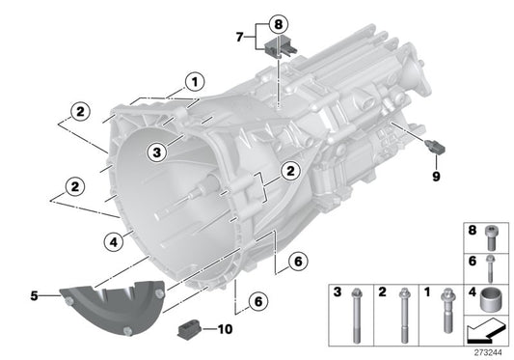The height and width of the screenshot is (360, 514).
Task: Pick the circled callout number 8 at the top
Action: pos(278,22)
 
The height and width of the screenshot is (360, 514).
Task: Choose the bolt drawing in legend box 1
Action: pos(447,315)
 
